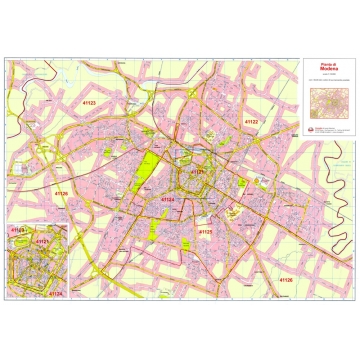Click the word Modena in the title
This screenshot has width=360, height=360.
click(326, 72)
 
